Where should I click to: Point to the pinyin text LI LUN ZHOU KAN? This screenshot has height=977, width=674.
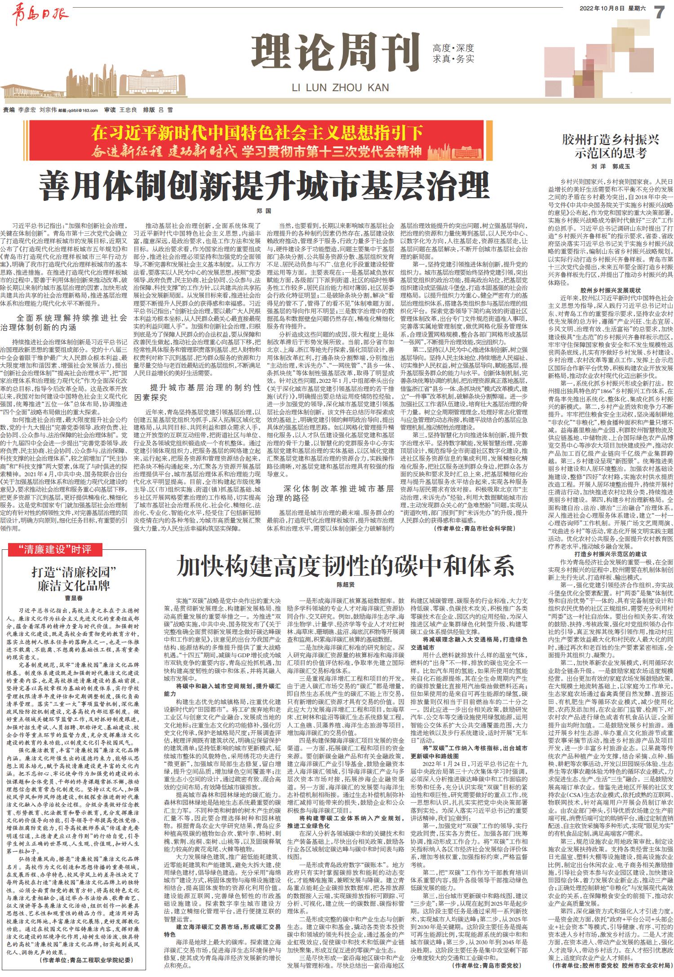[340, 88]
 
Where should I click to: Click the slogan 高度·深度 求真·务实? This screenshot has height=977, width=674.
[453, 53]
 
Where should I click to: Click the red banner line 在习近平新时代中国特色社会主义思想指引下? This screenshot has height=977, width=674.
[257, 133]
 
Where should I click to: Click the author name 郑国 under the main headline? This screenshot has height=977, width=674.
[264, 210]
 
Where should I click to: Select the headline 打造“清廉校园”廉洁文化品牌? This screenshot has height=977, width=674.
[74, 579]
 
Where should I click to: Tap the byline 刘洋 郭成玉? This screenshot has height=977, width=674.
[610, 166]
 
